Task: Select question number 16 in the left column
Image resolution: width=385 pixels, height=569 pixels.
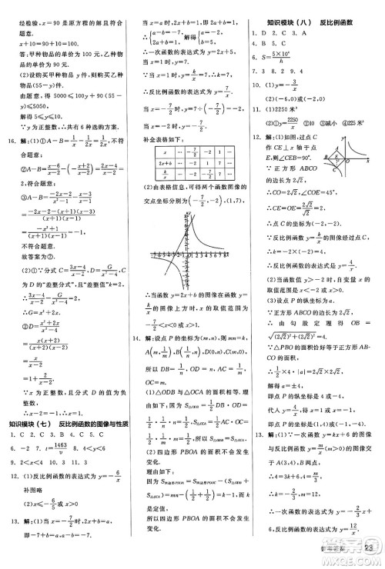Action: [12, 141]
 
